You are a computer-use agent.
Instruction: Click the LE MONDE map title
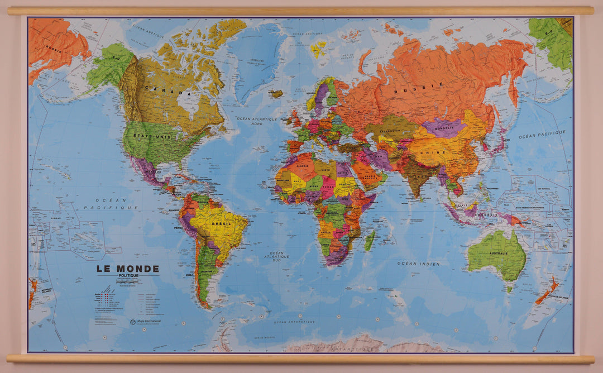128,269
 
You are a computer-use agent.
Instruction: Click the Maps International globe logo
133,322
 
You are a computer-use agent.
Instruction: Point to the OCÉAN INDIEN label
418,263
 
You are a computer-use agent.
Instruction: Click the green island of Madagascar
370,241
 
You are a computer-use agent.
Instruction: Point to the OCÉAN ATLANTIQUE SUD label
277,257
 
